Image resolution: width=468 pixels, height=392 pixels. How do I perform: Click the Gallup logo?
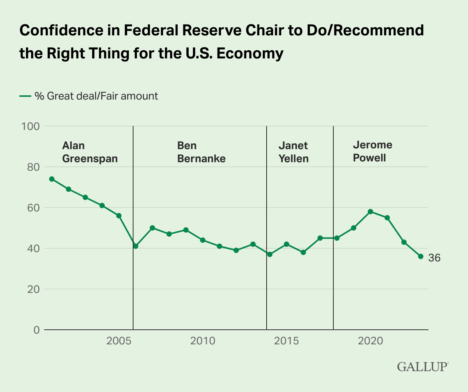click(422, 366)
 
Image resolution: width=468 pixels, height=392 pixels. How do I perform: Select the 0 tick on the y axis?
click(36, 330)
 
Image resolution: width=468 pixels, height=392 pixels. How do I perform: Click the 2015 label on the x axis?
click(287, 341)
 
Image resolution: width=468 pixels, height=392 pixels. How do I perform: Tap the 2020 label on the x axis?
click(371, 341)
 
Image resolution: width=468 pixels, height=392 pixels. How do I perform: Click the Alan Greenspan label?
click(90, 152)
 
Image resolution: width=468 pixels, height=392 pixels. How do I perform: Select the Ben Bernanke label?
click(201, 152)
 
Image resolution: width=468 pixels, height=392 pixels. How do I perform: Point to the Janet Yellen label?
click(293, 152)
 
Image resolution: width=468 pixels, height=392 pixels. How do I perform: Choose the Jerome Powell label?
click(372, 151)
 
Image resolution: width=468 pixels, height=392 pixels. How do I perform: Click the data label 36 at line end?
click(434, 258)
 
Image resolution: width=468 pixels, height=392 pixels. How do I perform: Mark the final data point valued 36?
click(420, 256)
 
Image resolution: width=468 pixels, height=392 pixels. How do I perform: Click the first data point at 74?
click(52, 179)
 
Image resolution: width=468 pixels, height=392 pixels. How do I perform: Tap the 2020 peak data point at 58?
click(370, 211)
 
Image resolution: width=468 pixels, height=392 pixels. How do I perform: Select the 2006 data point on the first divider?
click(135, 246)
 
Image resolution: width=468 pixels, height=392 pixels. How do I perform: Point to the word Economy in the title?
click(250, 53)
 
